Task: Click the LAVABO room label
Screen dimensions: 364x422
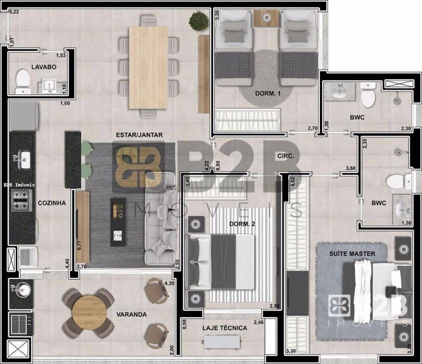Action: (43, 67)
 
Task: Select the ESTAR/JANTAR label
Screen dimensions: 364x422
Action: (139, 135)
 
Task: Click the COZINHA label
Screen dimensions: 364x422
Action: (51, 203)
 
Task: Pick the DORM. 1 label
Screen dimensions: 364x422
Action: (268, 93)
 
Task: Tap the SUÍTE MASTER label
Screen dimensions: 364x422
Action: (352, 254)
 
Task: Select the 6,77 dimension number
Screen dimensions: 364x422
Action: (79, 246)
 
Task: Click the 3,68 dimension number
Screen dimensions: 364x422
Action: (351, 169)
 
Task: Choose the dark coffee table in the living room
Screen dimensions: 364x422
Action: (118, 222)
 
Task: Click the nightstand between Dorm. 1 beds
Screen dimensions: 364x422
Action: (266, 18)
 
